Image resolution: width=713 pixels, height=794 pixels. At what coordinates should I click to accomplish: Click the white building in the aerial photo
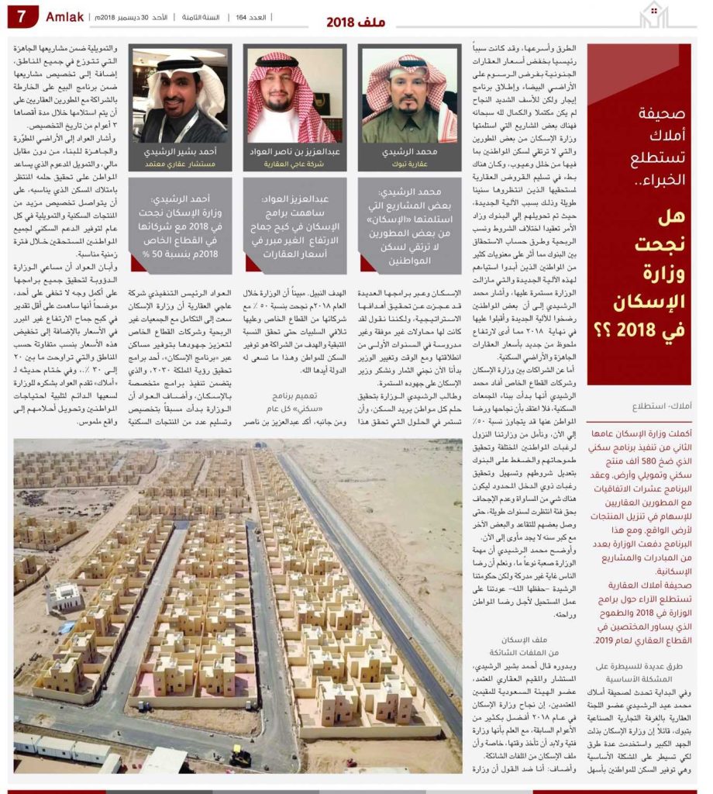point(65,598)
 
